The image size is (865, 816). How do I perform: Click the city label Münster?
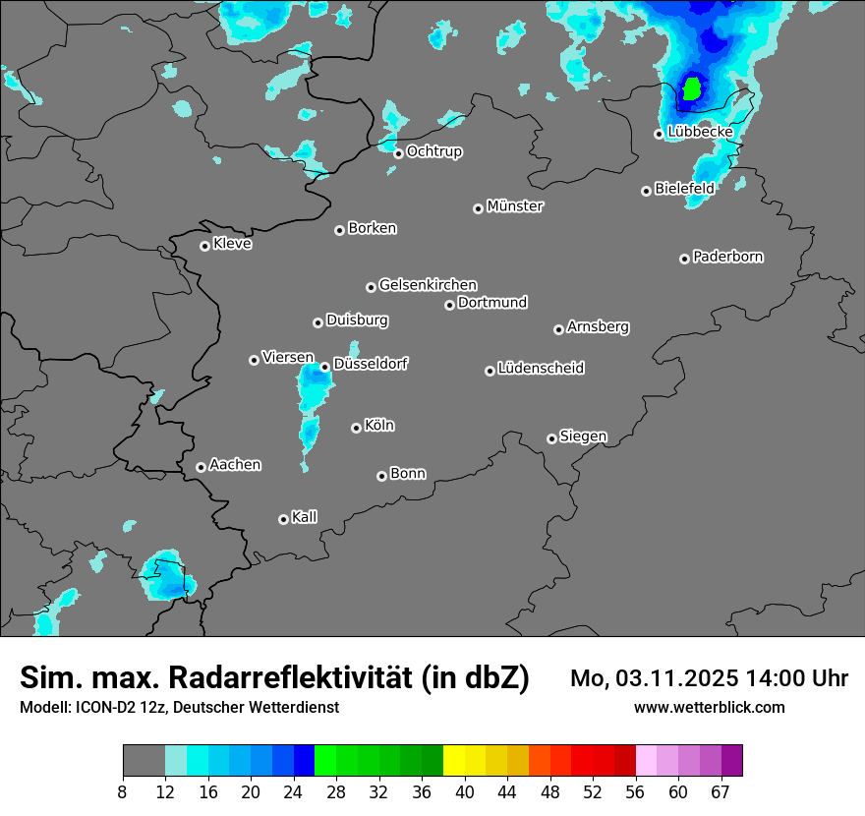click(515, 206)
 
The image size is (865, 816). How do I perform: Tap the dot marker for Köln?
click(356, 428)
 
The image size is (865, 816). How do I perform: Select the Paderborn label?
click(728, 257)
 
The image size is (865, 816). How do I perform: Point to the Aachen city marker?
click(201, 467)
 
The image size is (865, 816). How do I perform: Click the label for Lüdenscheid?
click(541, 369)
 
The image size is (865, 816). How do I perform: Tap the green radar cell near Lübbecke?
click(692, 89)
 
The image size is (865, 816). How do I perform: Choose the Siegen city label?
click(583, 437)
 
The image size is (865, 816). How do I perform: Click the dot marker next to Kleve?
click(204, 246)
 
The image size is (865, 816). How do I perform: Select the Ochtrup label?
click(434, 151)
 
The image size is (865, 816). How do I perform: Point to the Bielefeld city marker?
click(646, 191)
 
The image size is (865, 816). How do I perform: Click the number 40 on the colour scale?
click(464, 792)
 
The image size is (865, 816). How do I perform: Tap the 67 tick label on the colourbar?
click(721, 792)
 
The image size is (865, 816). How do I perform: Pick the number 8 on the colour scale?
click(122, 792)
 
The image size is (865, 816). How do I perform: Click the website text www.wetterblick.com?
click(710, 707)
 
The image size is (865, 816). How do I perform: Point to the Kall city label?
click(305, 517)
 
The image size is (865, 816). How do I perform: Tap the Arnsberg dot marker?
click(558, 329)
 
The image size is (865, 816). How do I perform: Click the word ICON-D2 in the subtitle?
click(98, 707)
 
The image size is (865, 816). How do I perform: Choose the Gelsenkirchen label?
click(428, 285)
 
